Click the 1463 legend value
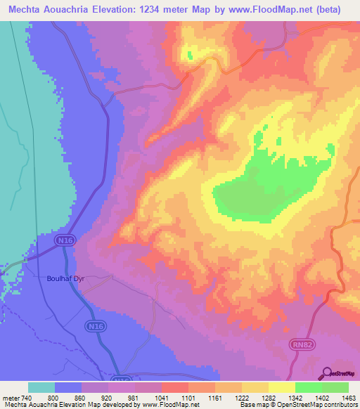point(349,398)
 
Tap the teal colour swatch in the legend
point(41,387)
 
